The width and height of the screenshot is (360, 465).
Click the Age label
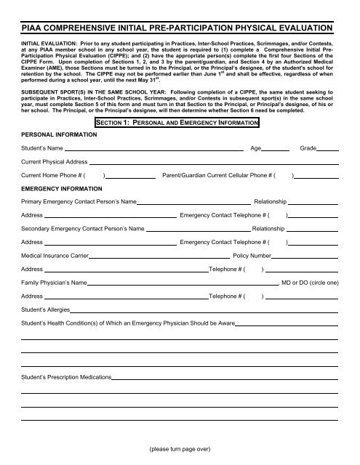pyautogui.click(x=255, y=147)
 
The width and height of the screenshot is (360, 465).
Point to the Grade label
pyautogui.click(x=308, y=147)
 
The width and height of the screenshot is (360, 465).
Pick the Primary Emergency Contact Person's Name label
pyautogui.click(x=79, y=201)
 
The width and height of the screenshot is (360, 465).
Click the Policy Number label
pyautogui.click(x=251, y=256)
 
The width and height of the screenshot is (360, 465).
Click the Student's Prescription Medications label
pyautogui.click(x=66, y=379)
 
